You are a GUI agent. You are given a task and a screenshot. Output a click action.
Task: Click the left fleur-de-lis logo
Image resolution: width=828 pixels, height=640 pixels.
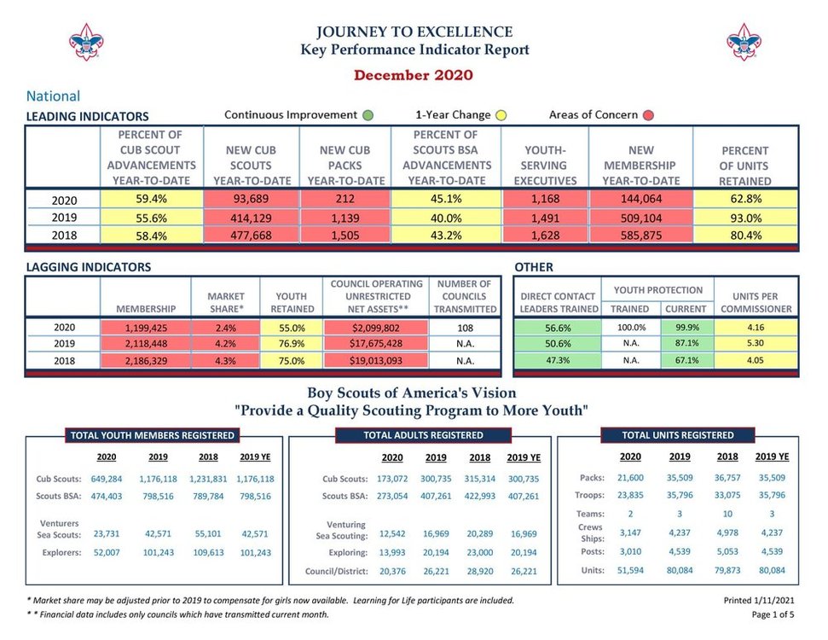[85, 41]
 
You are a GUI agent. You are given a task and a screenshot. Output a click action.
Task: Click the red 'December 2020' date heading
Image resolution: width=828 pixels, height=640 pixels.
[414, 75]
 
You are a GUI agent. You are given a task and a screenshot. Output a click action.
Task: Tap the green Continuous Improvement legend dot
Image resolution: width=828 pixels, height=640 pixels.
[368, 115]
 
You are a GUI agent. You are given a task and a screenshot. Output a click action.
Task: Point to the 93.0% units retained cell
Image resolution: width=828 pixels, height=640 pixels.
[744, 218]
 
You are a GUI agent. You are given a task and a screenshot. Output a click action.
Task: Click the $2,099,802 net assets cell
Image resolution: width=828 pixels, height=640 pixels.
[375, 327]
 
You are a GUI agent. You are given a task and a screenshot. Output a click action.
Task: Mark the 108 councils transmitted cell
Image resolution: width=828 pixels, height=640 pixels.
[465, 327]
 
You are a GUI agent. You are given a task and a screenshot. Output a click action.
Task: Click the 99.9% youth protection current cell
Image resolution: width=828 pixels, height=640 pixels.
[686, 327]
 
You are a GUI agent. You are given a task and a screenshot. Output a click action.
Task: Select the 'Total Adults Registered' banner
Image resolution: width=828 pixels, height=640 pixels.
[423, 435]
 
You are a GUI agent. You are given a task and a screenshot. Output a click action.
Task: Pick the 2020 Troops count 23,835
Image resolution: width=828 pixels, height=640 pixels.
[630, 495]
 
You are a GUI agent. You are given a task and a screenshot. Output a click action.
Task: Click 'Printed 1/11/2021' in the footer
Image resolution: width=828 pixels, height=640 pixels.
[758, 601]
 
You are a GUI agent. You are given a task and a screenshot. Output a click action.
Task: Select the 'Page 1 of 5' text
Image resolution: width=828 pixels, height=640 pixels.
[773, 614]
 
